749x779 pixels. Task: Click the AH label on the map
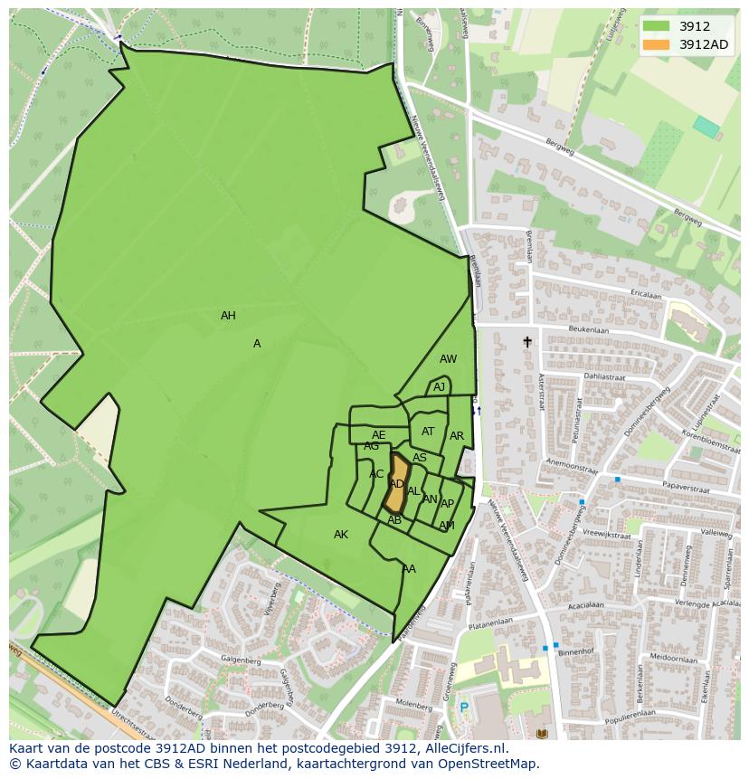(x=228, y=316)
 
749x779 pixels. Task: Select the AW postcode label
(x=448, y=359)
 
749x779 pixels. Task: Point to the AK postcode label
(x=341, y=535)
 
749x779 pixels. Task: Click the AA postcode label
(x=409, y=569)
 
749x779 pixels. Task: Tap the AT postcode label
(x=428, y=432)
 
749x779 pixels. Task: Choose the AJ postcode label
(x=439, y=387)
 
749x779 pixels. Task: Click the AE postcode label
(x=378, y=435)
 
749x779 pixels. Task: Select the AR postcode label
(x=457, y=436)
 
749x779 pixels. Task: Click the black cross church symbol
(x=527, y=342)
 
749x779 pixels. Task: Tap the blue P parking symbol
(x=464, y=708)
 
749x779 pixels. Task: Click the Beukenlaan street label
(x=588, y=331)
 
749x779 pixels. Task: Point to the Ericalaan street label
(x=647, y=295)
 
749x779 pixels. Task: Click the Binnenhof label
(x=575, y=651)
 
